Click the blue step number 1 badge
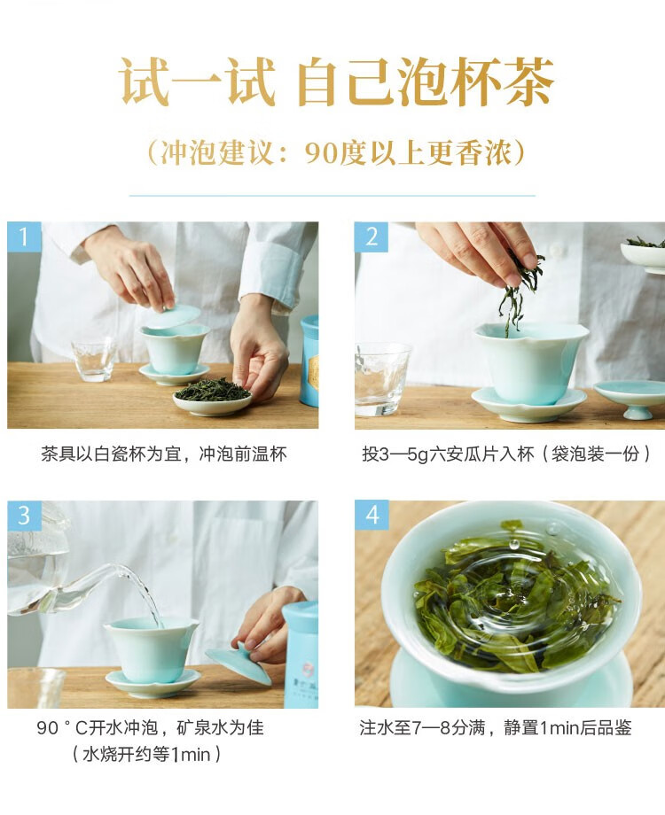click(24, 237)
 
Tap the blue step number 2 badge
click(372, 237)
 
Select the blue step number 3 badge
click(24, 516)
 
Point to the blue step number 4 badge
click(372, 516)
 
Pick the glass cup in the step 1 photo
click(94, 359)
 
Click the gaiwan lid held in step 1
click(174, 316)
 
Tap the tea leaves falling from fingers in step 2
click(519, 291)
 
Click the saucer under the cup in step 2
click(528, 404)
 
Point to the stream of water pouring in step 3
click(142, 593)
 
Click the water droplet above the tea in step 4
click(513, 544)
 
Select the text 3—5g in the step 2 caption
click(403, 454)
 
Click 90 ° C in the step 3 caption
click(62, 727)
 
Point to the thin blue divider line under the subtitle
click(332, 196)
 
